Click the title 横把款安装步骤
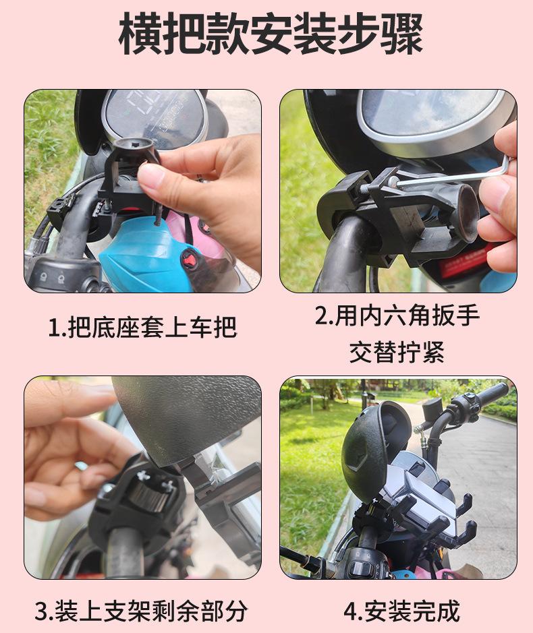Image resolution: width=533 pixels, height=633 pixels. pos(271,34)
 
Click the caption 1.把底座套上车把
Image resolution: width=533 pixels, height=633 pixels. pos(142,327)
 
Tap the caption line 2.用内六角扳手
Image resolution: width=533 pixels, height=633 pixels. pos(397,315)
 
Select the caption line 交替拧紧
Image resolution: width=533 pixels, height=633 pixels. pos(397,352)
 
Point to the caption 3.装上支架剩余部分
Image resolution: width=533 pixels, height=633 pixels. pos(141,611)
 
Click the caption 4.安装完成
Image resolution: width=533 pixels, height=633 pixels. pos(401,611)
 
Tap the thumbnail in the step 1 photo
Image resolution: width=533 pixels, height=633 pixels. pos(152,176)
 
